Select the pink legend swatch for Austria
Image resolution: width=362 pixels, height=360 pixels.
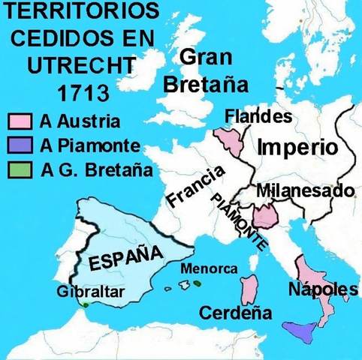click(17, 120)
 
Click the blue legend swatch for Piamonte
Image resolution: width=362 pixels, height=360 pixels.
click(17, 145)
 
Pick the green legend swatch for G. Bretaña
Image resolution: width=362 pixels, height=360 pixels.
click(17, 169)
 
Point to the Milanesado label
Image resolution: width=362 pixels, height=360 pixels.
click(304, 191)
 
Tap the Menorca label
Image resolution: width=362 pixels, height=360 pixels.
click(210, 268)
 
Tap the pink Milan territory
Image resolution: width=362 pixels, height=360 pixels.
click(265, 217)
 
